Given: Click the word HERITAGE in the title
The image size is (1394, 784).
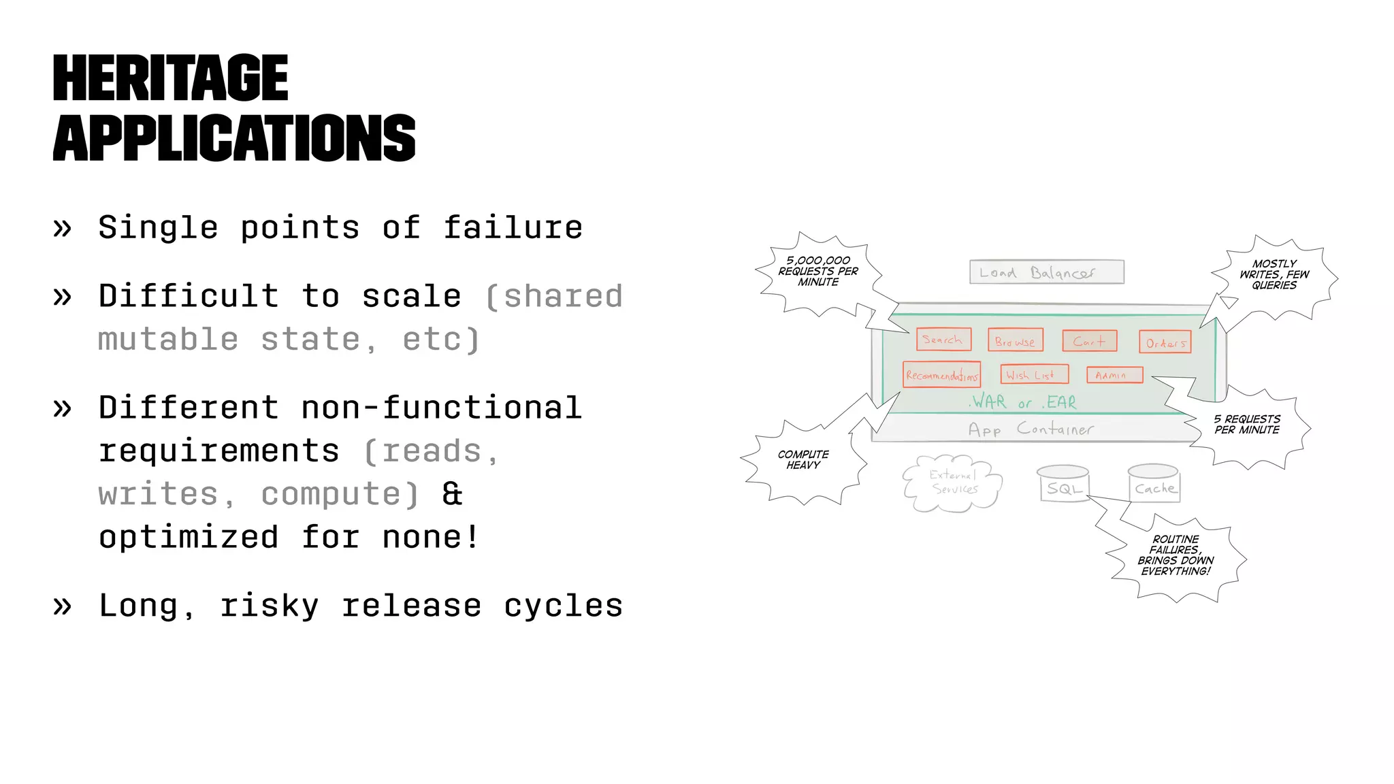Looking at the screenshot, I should (170, 78).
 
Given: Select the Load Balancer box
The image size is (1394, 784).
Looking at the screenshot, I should (1046, 272).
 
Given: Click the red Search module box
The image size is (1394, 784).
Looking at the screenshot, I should (943, 339).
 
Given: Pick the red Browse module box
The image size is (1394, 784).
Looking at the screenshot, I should (1015, 340).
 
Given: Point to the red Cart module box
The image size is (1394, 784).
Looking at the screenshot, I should (1089, 341).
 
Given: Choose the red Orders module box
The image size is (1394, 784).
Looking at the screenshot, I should (1165, 342).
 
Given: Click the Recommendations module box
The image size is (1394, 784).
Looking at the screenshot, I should (941, 375).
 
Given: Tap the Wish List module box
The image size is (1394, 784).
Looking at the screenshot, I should (1033, 374).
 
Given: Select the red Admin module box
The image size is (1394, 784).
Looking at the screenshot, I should (1114, 375).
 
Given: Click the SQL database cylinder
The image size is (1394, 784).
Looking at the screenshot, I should (1064, 485).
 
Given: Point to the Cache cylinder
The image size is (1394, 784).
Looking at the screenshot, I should (1154, 485).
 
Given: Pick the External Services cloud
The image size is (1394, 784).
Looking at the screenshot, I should (953, 483).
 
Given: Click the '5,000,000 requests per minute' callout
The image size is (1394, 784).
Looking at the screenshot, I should (818, 272).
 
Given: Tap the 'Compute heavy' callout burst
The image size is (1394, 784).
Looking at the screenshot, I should (803, 460).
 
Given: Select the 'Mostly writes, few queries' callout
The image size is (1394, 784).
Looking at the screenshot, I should (1274, 275).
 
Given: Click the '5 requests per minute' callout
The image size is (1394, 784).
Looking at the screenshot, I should (1247, 425).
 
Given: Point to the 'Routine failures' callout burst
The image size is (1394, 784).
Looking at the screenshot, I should (1176, 555).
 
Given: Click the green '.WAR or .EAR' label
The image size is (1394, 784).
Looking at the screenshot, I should (1024, 402).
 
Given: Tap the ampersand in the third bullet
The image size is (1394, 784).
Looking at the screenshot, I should (452, 494).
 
